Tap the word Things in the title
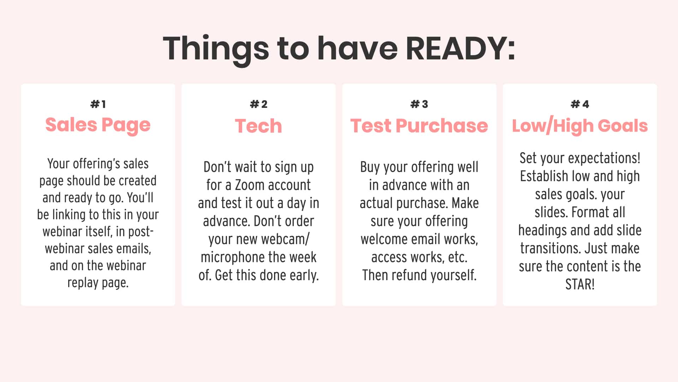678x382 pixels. coord(216,49)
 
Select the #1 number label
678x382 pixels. coord(98,104)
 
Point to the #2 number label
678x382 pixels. coord(258,104)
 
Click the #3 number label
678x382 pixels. coord(419,104)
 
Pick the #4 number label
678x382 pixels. coord(580,104)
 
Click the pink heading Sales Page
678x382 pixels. coord(98,125)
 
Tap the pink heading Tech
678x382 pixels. coord(258,126)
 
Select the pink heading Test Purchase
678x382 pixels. coord(419,126)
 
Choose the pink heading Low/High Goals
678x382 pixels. coord(580,126)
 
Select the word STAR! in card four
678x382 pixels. coord(580,284)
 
